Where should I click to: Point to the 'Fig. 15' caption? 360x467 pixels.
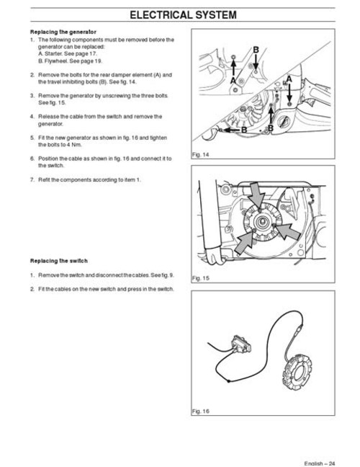tap(200, 277)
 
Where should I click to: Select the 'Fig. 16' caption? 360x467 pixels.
tap(200, 411)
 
